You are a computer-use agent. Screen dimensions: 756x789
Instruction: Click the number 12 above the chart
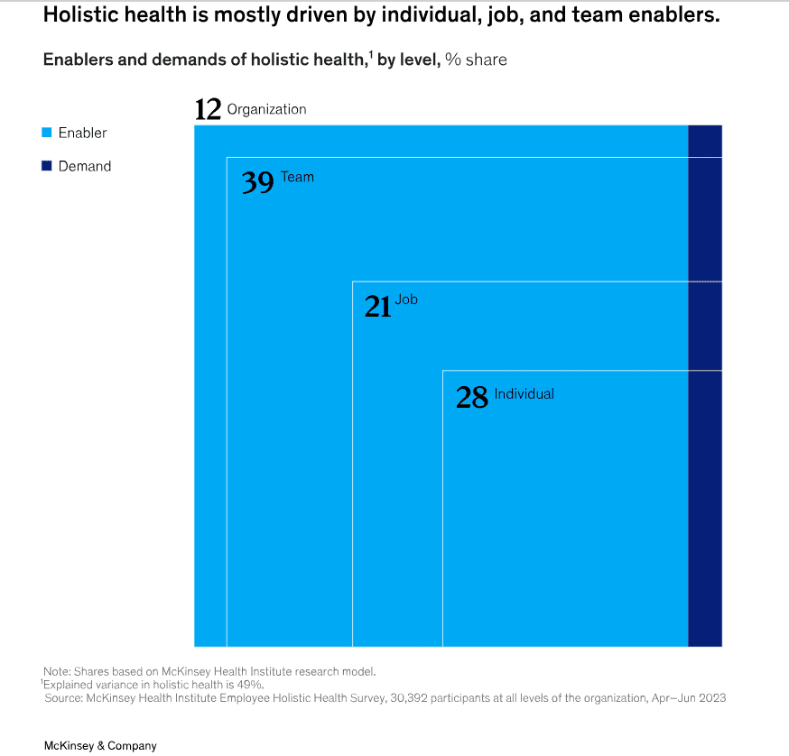point(208,109)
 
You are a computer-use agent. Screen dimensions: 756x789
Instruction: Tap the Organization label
point(266,109)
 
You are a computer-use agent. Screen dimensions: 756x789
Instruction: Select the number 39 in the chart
point(257,183)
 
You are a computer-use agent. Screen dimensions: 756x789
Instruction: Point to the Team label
point(297,177)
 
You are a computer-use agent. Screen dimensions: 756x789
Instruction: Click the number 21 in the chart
point(377,307)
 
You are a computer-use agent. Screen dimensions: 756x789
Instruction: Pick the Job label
point(406,300)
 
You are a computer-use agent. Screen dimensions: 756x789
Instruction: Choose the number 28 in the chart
point(471,397)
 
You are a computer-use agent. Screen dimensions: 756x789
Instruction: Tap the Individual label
point(524,393)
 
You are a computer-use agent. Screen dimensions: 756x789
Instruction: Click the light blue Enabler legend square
point(46,133)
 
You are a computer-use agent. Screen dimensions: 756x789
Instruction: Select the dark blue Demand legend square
point(46,166)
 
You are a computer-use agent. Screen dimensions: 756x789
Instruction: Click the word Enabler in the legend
point(82,133)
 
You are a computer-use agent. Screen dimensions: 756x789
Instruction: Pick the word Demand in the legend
point(85,166)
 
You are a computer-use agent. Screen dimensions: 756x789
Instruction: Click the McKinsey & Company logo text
point(100,746)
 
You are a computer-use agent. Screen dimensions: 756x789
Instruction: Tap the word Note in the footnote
point(56,671)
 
